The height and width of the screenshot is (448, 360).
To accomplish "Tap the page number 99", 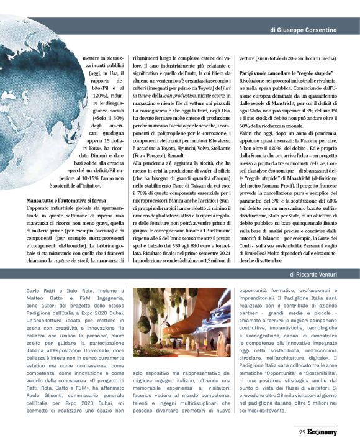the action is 301,432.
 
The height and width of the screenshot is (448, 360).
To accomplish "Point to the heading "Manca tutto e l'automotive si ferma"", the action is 66,199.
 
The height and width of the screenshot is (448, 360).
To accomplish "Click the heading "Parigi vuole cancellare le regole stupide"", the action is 278,74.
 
